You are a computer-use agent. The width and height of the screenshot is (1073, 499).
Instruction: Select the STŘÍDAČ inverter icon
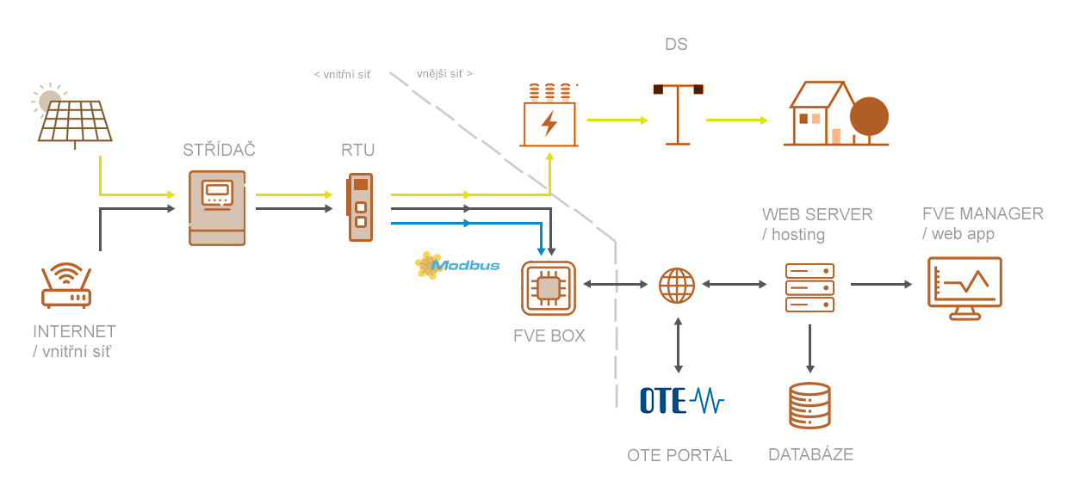(217, 207)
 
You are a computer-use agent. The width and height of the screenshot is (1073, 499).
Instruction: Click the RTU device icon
(360, 206)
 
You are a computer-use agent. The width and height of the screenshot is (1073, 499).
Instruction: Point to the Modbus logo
(457, 265)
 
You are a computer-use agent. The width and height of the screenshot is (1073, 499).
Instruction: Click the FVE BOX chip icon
(549, 288)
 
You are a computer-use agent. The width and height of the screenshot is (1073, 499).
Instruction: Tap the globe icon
(677, 285)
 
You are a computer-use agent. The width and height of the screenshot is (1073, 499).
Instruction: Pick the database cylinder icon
(809, 406)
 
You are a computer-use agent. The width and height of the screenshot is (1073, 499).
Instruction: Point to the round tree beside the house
(869, 118)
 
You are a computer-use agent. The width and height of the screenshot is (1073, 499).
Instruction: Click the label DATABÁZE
(810, 454)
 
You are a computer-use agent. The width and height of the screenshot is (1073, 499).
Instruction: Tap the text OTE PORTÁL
(679, 455)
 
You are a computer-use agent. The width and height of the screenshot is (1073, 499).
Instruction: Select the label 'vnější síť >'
(444, 74)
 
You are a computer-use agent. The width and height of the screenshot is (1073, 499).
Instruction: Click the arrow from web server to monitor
(881, 284)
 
